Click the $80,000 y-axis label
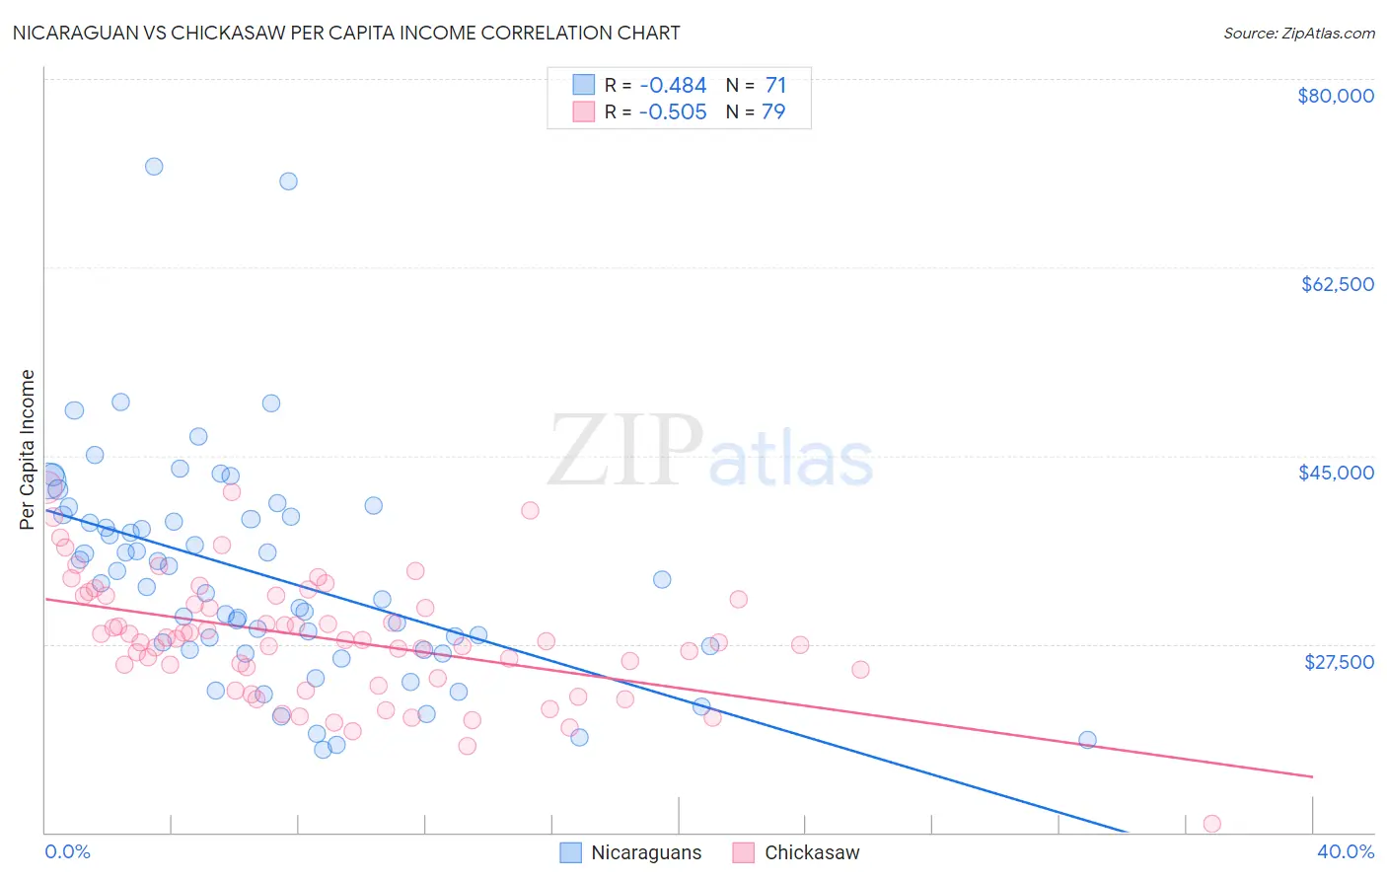click(1335, 96)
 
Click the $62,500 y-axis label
click(1337, 284)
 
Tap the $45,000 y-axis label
click(1336, 473)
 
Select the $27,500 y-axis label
click(1339, 662)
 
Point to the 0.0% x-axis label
click(67, 851)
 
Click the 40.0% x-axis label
click(1345, 851)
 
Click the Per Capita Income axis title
click(28, 449)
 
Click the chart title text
click(345, 34)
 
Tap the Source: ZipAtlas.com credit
click(1298, 34)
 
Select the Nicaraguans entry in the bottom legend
click(646, 852)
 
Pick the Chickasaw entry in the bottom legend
click(812, 852)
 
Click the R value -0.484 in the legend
click(673, 86)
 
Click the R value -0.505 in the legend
click(673, 112)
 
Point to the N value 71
click(775, 86)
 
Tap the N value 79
click(773, 112)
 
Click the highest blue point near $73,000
click(154, 167)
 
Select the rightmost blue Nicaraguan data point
click(1087, 740)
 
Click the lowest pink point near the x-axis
click(1211, 824)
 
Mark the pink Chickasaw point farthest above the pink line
click(530, 510)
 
